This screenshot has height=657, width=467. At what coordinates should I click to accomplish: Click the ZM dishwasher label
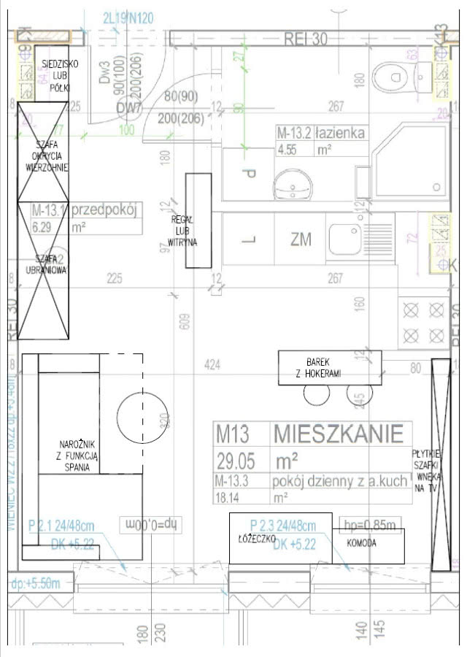300,239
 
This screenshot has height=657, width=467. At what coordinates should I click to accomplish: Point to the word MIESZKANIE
338,434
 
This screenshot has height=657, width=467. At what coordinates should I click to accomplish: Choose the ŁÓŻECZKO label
255,538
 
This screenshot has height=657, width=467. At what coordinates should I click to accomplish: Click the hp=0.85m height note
371,524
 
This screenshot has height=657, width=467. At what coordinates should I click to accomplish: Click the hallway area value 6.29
45,227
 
